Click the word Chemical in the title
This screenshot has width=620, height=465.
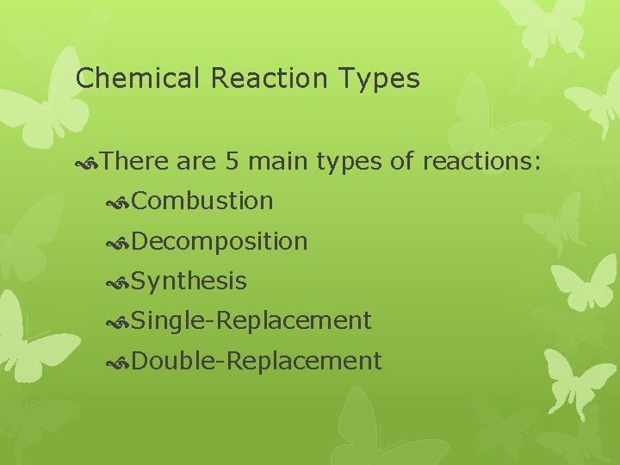click(x=138, y=79)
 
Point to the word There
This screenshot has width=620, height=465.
click(x=135, y=160)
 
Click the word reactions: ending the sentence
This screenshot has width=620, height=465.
click(x=481, y=160)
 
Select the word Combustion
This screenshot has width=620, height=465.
click(x=203, y=201)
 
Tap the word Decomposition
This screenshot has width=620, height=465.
click(x=220, y=242)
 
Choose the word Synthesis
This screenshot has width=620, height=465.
click(x=190, y=282)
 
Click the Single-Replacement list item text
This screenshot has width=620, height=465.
click(x=252, y=321)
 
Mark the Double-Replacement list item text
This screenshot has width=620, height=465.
click(x=257, y=361)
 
